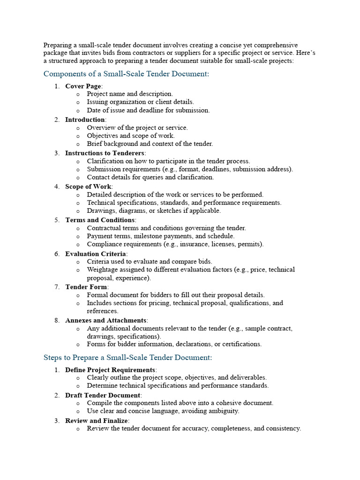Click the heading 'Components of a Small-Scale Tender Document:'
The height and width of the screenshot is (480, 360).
[126, 74]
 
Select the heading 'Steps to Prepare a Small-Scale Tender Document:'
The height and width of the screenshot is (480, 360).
[127, 358]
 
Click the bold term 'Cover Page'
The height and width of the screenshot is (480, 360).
[83, 86]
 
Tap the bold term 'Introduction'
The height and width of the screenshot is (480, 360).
[84, 120]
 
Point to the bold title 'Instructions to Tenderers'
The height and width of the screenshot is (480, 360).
[105, 153]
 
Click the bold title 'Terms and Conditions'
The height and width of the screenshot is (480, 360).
[100, 220]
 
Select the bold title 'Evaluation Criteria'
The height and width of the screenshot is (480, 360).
[96, 254]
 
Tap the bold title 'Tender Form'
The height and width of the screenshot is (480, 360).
[86, 286]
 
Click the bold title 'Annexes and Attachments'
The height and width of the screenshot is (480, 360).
[105, 320]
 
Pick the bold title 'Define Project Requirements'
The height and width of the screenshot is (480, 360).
[110, 370]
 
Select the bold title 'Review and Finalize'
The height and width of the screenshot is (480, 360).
[97, 420]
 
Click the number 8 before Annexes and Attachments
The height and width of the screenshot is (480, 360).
[57, 320]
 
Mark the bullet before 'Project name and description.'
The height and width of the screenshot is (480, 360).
[77, 94]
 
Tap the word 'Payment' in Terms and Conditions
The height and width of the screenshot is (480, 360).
[99, 236]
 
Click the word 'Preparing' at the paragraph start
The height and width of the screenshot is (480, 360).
[58, 45]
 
